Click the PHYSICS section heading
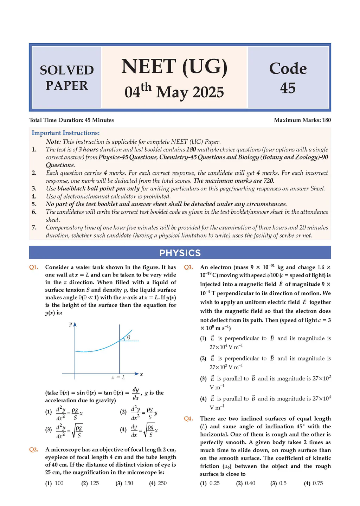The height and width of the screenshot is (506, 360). [180, 253]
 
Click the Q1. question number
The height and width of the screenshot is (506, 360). [33, 267]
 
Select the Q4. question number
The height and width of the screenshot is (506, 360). [188, 419]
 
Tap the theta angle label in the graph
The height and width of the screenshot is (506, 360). [129, 337]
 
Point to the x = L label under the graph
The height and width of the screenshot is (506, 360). [118, 377]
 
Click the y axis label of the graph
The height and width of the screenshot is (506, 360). [70, 324]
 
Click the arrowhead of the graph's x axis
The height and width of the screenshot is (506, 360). [137, 374]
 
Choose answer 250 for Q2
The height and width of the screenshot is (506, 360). [162, 483]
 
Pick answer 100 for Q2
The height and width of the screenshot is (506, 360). [59, 483]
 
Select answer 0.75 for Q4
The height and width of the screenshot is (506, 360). [317, 483]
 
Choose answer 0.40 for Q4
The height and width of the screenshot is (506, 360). [250, 483]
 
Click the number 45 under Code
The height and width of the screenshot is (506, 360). [288, 88]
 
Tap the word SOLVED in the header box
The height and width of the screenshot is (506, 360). [67, 70]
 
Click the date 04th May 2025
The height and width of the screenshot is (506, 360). [174, 92]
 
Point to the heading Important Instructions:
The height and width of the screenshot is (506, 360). [66, 133]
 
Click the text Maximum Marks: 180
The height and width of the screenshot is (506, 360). [302, 120]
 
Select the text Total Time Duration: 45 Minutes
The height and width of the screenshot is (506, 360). [71, 120]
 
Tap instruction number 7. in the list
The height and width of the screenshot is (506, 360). [34, 227]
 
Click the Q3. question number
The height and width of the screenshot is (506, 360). [188, 267]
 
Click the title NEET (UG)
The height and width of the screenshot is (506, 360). [174, 67]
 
